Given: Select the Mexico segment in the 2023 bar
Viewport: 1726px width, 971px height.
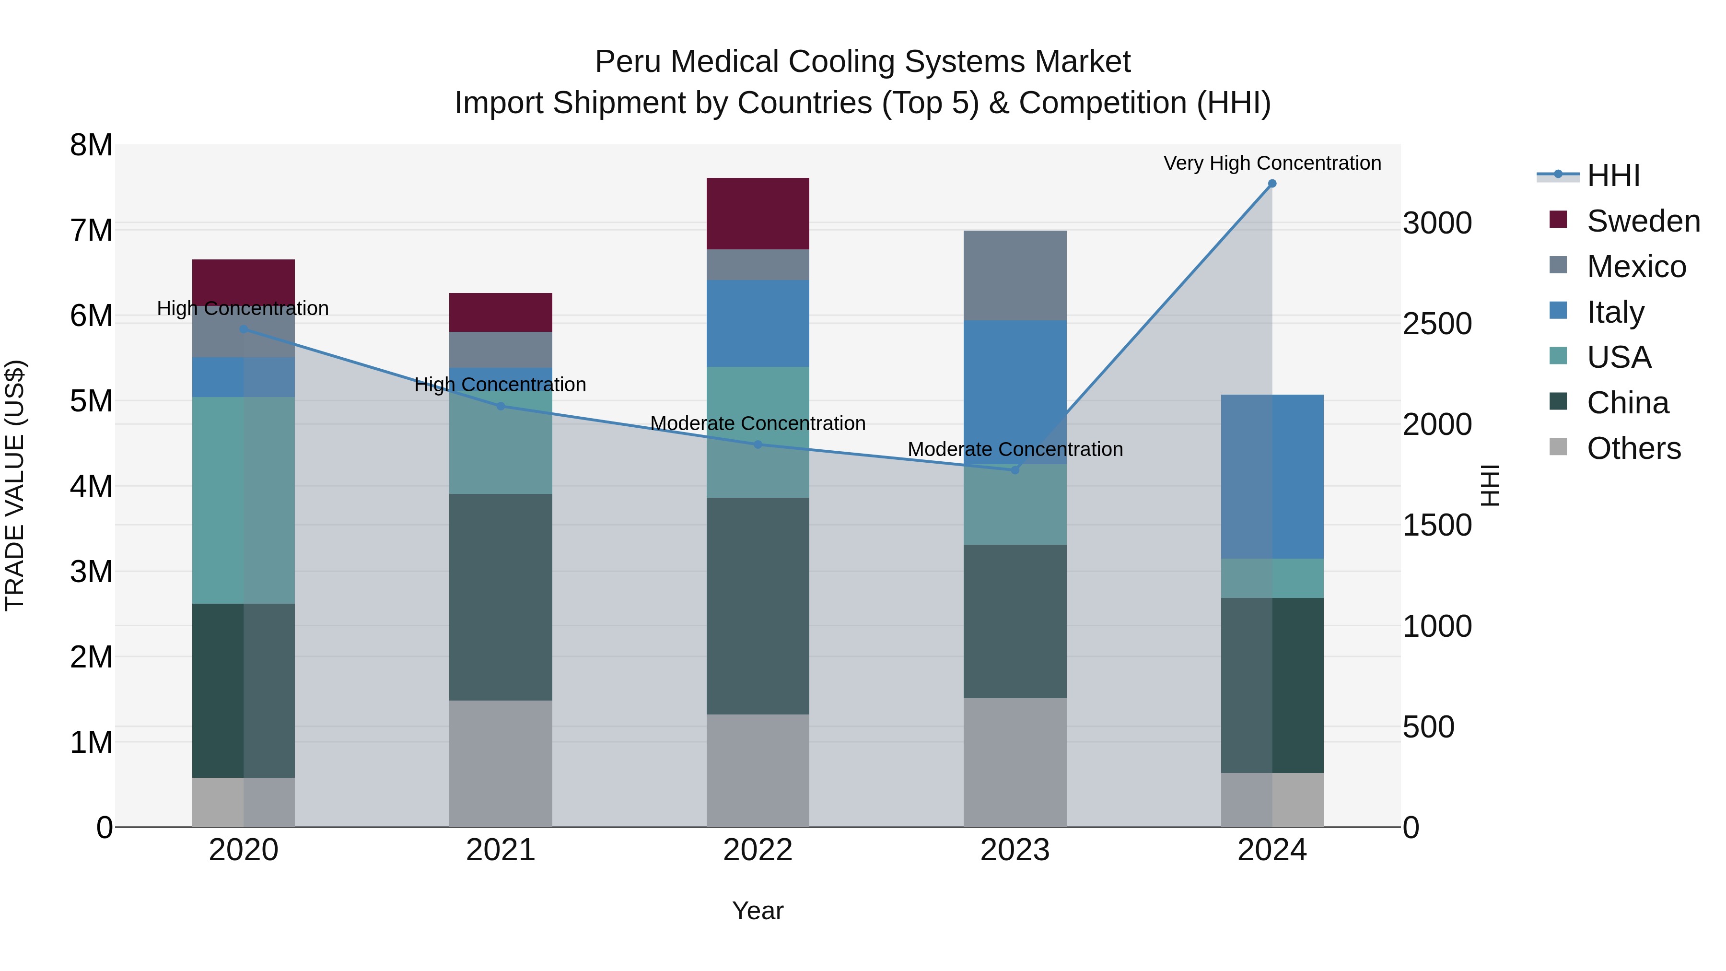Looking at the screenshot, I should (1015, 275).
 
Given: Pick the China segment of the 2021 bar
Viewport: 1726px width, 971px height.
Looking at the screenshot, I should (501, 597).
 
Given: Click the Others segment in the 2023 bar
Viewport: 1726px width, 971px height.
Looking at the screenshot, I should (1015, 762).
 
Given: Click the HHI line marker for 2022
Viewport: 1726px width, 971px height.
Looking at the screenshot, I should (758, 445).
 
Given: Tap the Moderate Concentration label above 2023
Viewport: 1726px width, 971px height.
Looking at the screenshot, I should (1015, 449).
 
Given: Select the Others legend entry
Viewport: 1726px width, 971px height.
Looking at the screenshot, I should (1633, 448).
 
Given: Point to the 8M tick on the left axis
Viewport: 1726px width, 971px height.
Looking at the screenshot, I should (91, 145).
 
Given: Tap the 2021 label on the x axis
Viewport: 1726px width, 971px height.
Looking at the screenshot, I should (501, 850).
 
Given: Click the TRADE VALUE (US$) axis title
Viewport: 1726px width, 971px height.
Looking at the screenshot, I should (15, 485).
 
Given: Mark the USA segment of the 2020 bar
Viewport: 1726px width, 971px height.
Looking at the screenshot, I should (243, 500).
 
